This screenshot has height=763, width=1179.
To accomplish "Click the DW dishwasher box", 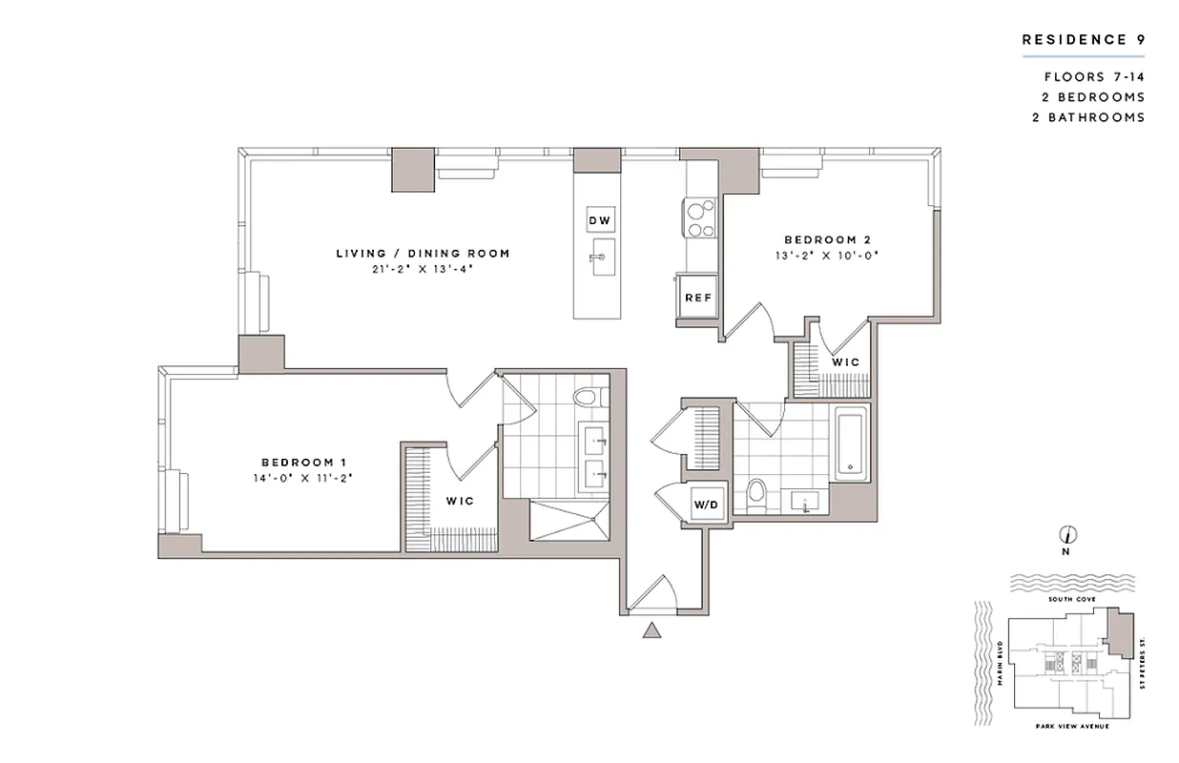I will coord(599,220).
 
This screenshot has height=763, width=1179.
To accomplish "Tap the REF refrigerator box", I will coord(698,298).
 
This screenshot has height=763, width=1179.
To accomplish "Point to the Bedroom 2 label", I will coord(827,239).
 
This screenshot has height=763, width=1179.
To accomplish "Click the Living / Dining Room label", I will coord(423,253).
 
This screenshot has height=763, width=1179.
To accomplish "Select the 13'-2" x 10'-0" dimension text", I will coord(827,256).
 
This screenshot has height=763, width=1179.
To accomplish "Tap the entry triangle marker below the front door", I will coord(652,629).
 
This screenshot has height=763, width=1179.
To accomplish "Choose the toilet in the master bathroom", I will coord(587,396).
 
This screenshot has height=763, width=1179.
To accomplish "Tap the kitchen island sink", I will coord(602,257).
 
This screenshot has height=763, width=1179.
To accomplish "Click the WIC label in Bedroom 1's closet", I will coord(460,501).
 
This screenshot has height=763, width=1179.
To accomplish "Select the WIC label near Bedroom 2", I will coord(845,362).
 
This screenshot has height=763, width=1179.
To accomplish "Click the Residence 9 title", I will coord(1083,40).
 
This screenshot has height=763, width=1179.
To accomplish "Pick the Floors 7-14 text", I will coord(1094,77).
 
